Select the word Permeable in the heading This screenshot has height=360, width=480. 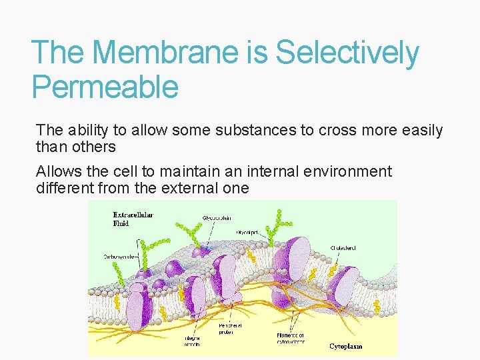(105, 87)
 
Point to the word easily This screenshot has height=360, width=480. (417, 131)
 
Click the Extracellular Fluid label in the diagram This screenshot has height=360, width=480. (133, 218)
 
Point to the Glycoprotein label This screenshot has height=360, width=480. (218, 218)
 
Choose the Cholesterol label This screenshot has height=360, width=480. (343, 248)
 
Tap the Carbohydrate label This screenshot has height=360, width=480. (119, 255)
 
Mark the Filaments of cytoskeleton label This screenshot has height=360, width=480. (291, 338)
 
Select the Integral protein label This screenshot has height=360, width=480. (193, 341)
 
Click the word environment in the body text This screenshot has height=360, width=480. (351, 171)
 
